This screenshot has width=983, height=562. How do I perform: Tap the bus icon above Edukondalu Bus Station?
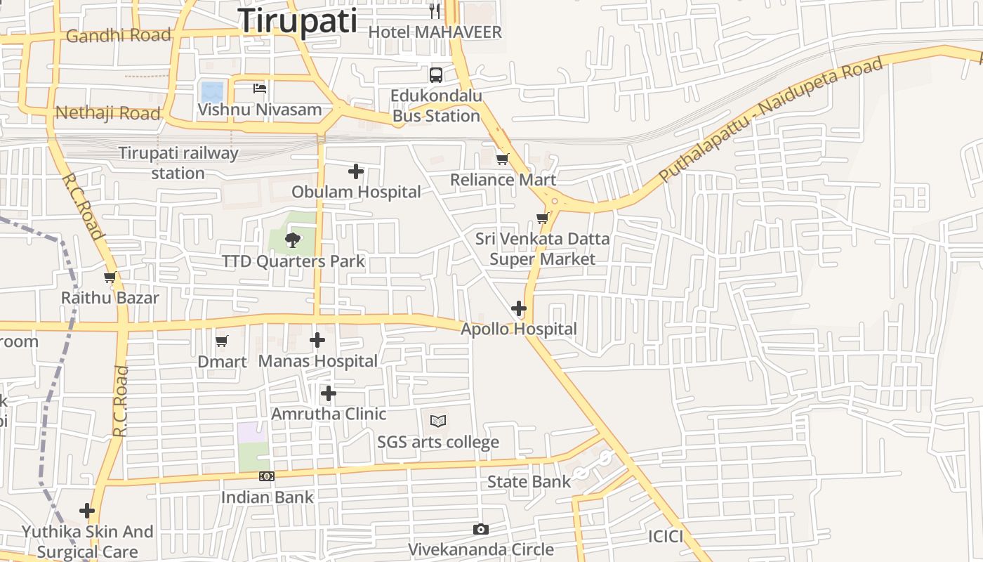coord(436,75)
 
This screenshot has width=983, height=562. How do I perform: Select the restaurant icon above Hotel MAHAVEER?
coord(435,11)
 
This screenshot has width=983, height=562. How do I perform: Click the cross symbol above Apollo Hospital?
coord(519,308)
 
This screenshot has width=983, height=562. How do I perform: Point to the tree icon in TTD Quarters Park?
coord(292,240)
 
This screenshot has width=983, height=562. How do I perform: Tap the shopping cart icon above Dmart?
coord(222,341)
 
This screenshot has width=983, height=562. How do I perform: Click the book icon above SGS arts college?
coord(438,421)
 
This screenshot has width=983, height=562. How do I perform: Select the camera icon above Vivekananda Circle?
coord(481,529)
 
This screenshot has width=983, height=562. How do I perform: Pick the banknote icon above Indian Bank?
coord(266,476)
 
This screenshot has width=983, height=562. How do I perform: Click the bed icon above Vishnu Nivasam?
coord(260,89)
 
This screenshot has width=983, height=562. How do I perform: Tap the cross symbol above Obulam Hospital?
coord(356,171)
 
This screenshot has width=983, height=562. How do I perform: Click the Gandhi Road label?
coord(118,35)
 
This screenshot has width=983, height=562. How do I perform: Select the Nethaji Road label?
coord(107,113)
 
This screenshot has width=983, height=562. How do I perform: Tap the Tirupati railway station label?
coord(178,163)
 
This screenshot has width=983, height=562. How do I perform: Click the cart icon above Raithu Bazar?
coord(110,277)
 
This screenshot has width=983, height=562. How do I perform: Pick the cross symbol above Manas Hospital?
coord(317,341)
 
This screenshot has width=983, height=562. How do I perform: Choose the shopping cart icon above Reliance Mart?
coord(502,159)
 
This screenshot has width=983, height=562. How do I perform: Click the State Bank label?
coord(529,482)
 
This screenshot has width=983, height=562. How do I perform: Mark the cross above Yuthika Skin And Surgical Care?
coord(87,510)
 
